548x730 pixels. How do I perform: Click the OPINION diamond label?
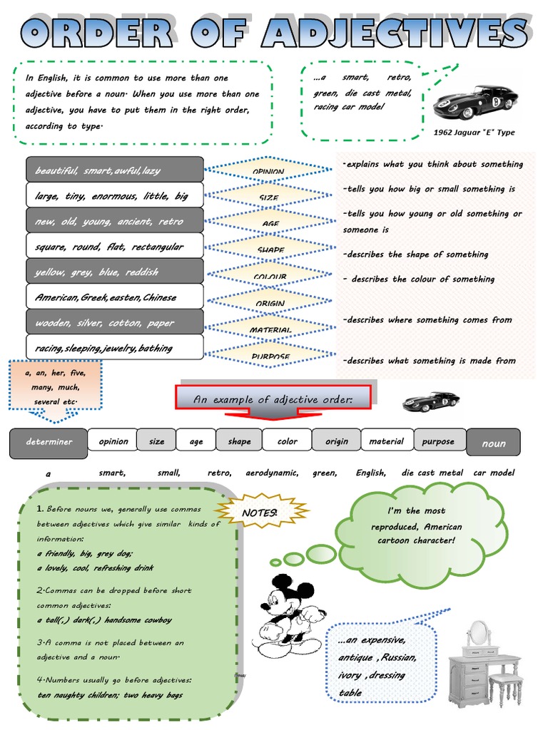coord(268,171)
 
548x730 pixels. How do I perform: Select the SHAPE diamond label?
coord(268,250)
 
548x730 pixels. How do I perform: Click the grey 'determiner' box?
coord(49,443)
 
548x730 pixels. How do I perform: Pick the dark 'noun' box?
coord(493,443)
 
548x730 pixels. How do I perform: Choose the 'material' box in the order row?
coord(386,441)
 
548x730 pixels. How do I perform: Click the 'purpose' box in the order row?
coord(438,441)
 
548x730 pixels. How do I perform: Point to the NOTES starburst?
coord(260,513)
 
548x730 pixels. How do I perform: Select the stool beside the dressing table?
coord(505,689)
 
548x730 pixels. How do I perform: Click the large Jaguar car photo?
coord(475,102)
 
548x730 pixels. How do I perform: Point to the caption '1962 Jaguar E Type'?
coord(474,132)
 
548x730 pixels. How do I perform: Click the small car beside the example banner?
coord(430,401)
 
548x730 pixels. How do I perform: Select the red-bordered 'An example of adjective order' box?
coord(273,399)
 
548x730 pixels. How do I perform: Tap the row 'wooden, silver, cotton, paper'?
coord(114,323)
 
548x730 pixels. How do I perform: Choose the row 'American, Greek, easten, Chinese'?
coord(114,297)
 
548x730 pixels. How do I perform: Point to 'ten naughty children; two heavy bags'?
coord(110,695)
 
